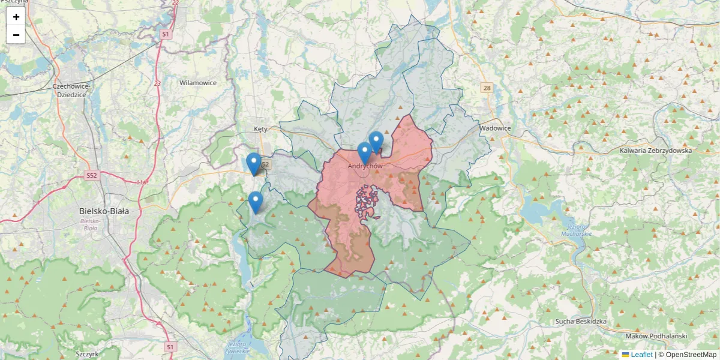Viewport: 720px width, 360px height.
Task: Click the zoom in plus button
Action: click(16, 17)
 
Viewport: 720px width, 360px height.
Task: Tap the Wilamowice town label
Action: click(198, 83)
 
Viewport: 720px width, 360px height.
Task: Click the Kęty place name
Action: click(260, 129)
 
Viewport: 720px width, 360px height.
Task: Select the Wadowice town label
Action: click(495, 128)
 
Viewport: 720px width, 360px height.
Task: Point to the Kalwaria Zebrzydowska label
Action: click(656, 151)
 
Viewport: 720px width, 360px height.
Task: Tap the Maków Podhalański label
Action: click(655, 337)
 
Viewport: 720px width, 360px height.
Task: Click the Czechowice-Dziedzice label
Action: click(72, 90)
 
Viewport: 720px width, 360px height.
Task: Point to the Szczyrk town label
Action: click(87, 354)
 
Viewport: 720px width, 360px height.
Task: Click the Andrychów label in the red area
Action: click(365, 166)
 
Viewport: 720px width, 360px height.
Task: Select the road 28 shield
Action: click(486, 88)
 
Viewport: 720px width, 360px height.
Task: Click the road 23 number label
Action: click(157, 83)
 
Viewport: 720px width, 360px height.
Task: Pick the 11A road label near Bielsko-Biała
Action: click(141, 182)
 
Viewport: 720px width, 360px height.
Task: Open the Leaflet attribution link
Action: click(641, 355)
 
